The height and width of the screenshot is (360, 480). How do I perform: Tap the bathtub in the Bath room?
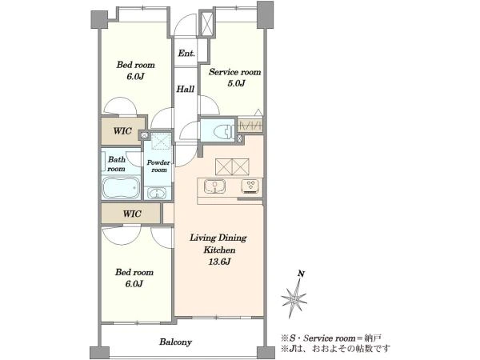click(121, 187)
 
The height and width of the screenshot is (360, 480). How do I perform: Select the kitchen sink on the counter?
click(215, 186)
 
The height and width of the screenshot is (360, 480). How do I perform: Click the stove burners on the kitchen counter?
click(250, 186)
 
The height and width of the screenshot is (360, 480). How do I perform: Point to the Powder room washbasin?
click(157, 193)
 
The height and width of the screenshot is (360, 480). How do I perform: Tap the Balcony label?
click(175, 342)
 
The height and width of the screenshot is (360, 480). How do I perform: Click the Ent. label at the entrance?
click(186, 54)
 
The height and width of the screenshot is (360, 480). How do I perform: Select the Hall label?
click(186, 89)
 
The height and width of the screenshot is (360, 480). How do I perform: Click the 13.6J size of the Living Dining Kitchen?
click(219, 262)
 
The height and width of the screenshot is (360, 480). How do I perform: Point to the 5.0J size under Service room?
click(236, 83)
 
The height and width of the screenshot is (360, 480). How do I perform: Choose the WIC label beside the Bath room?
click(132, 214)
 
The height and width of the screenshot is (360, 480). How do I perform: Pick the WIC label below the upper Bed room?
click(122, 131)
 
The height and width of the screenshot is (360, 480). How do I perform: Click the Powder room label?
click(158, 166)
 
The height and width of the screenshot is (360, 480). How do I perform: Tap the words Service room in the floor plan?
click(234, 72)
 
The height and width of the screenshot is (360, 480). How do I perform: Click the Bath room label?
click(116, 164)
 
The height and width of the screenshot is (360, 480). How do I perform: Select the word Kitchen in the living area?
click(219, 250)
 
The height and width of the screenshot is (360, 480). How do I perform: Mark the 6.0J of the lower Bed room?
click(134, 284)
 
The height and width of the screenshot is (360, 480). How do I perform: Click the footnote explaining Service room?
click(331, 338)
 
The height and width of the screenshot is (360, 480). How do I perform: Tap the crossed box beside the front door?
click(206, 23)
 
